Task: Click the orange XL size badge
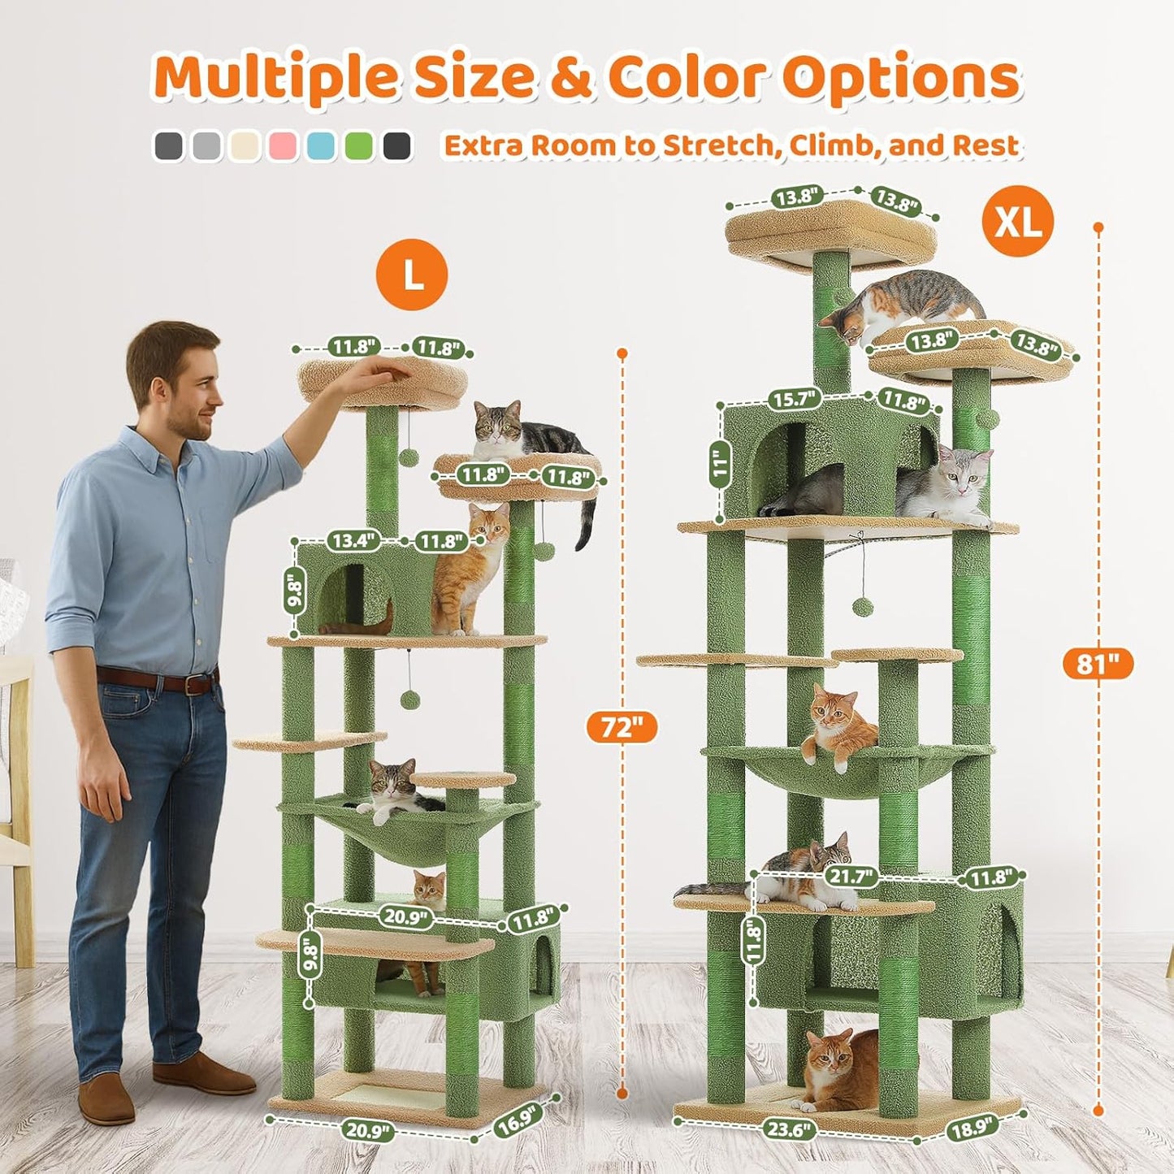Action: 1017,221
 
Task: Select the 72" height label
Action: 622,726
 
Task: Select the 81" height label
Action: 1098,664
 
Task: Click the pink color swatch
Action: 284,146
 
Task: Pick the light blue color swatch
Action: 321,146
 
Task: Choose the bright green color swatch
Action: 359,146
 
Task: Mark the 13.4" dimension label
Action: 353,539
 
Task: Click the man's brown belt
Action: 158,680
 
